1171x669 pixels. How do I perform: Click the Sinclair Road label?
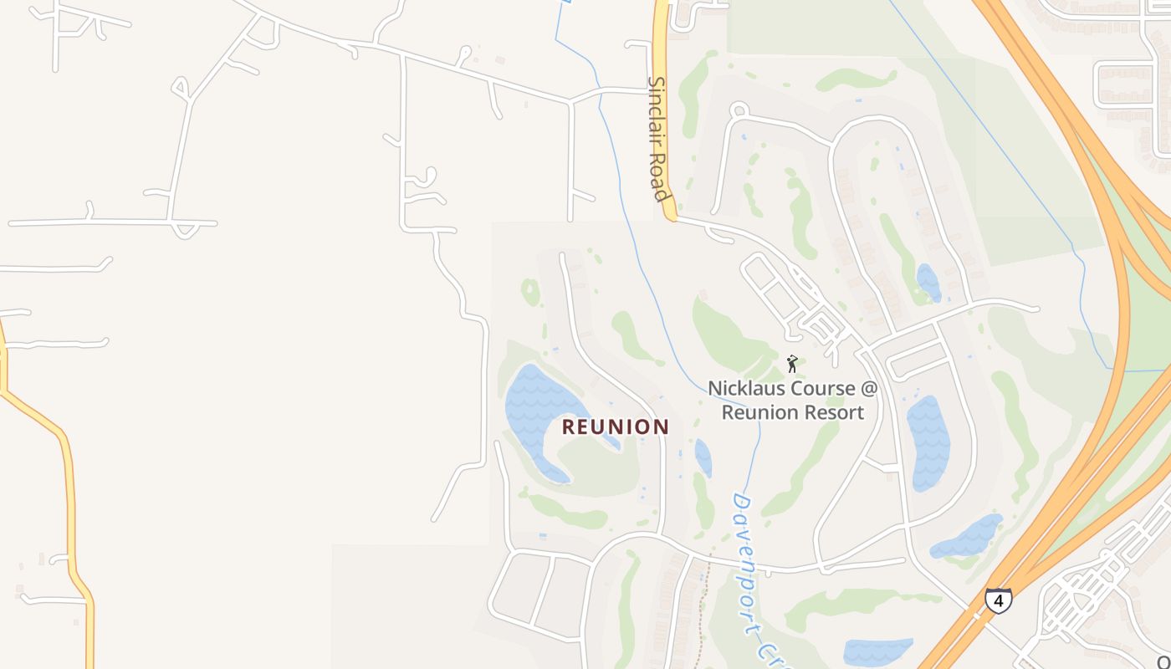click(x=660, y=139)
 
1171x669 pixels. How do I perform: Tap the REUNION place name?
click(x=615, y=427)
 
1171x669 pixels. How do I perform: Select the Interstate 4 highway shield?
click(x=998, y=600)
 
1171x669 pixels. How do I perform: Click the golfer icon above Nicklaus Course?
click(x=792, y=364)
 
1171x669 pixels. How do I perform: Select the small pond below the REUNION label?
click(x=703, y=458)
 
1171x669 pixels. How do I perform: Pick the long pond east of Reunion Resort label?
click(x=928, y=443)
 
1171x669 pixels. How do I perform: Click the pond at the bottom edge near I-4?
click(x=877, y=651)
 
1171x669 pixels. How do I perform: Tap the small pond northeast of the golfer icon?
click(x=928, y=282)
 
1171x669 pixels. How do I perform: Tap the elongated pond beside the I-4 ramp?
click(x=967, y=537)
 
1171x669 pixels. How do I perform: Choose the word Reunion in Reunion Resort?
click(x=756, y=412)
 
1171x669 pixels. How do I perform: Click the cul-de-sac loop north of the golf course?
click(x=739, y=111)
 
